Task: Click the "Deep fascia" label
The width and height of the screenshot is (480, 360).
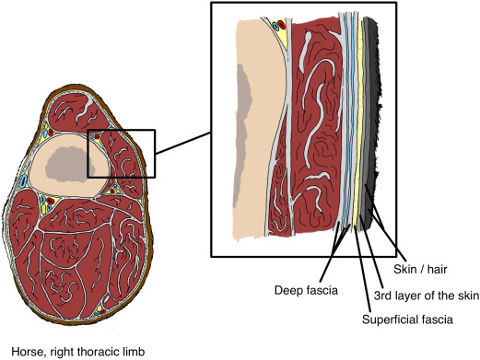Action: point(305,292)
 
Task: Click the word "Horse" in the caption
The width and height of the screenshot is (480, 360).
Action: point(27,350)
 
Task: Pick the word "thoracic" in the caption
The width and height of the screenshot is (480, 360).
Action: point(100,350)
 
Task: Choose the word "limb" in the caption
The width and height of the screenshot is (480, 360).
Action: point(135,350)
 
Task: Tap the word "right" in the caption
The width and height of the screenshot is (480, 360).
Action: point(62,350)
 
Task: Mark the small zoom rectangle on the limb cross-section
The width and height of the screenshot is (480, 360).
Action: point(121,131)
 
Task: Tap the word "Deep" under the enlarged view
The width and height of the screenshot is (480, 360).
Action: point(288,292)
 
